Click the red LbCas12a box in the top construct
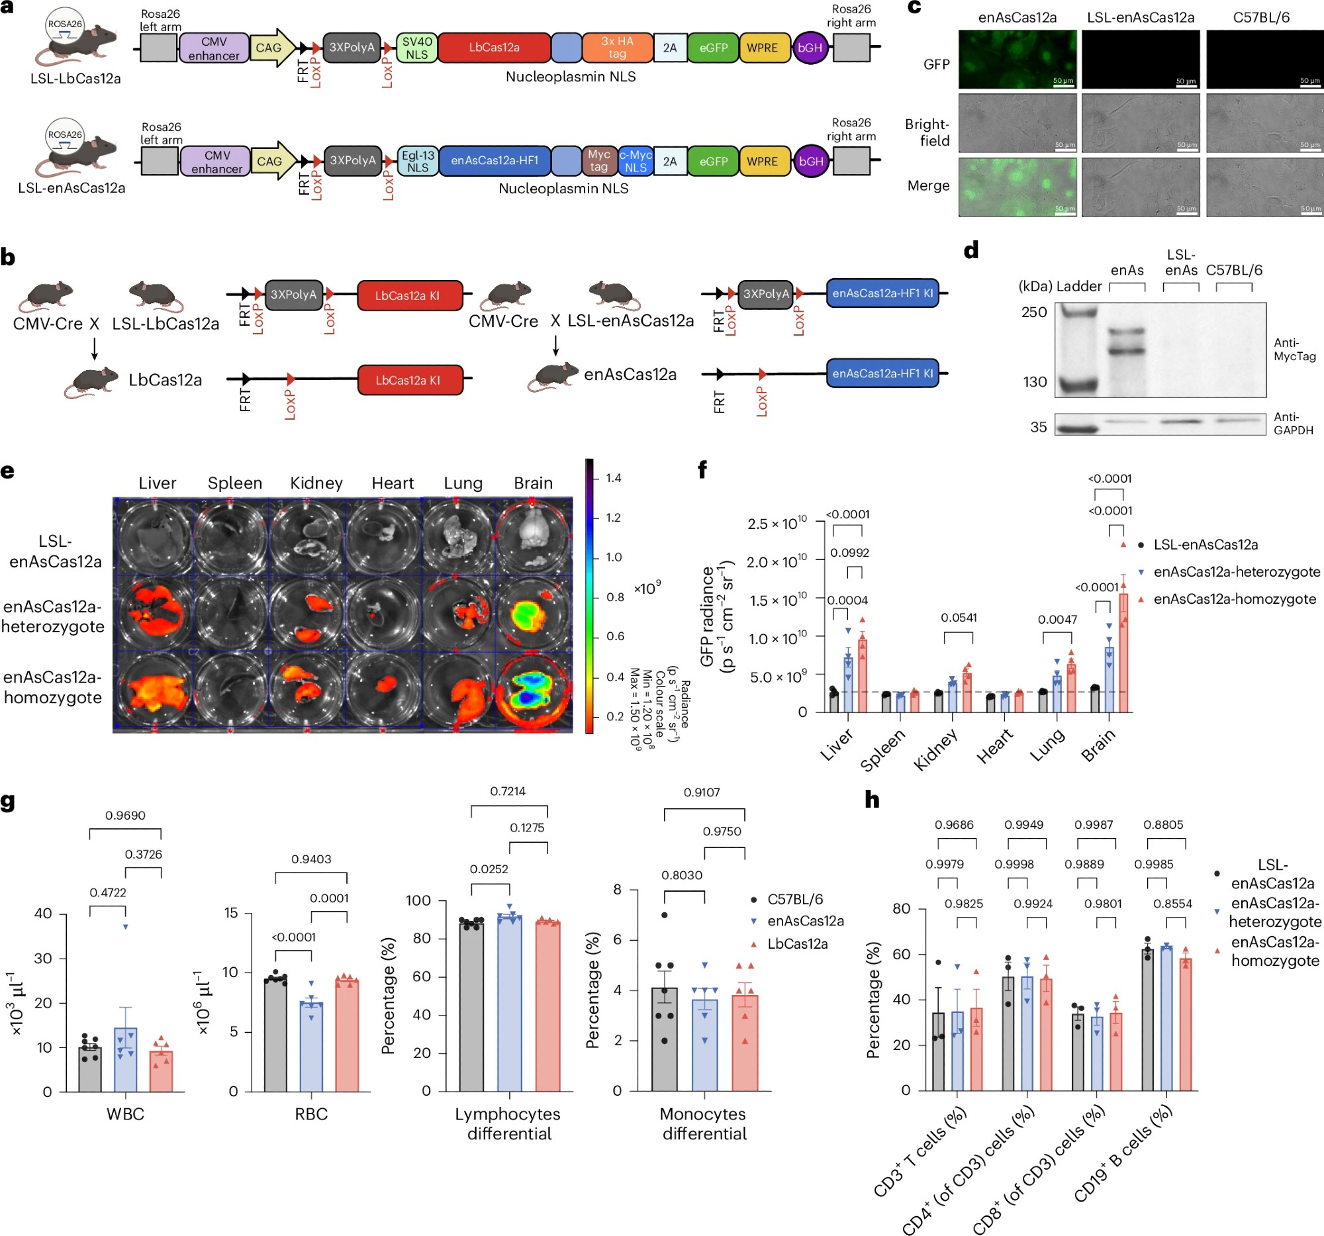point(493,47)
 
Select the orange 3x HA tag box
point(617,47)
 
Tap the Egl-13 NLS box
point(418,161)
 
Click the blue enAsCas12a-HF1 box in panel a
point(494,160)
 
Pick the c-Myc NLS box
point(636,161)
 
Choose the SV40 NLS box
point(417,47)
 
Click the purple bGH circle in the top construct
point(810,48)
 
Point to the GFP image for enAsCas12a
point(1017,60)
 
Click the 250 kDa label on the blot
point(1033,312)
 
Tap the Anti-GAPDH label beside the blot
point(1293,424)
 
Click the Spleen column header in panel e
point(234,483)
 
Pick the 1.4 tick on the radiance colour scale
point(614,478)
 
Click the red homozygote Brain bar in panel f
point(1123,653)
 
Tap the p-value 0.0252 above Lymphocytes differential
point(489,869)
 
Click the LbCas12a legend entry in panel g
point(797,944)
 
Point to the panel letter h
point(872,799)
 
